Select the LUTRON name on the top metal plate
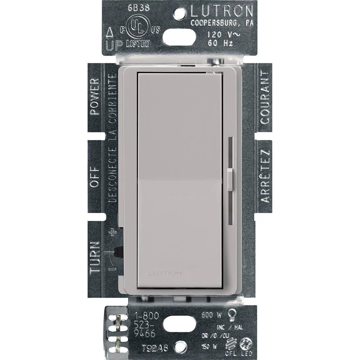click(x=221, y=12)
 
